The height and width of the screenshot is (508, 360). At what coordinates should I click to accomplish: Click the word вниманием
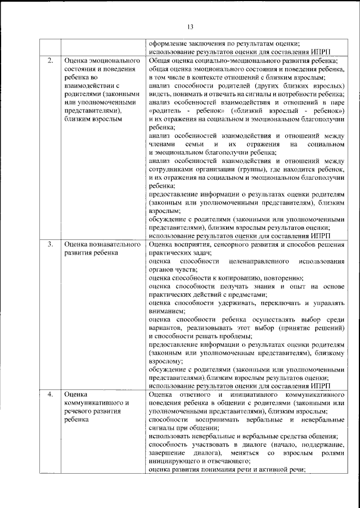point(166,311)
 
